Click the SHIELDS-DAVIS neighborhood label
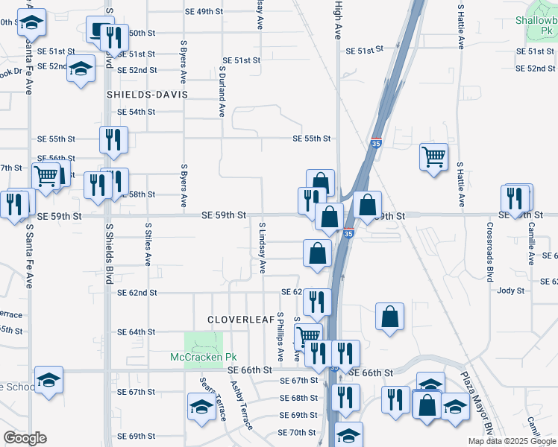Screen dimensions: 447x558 tap(146, 95)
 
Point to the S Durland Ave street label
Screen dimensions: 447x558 tap(222, 92)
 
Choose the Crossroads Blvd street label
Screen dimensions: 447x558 tap(490, 252)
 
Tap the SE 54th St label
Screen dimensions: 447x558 tap(136, 112)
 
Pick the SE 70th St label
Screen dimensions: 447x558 tap(296, 433)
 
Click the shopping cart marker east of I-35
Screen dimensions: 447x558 tap(433, 157)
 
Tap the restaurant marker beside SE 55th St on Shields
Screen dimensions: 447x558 tap(113, 140)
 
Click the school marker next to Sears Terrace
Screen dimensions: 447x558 tap(201, 407)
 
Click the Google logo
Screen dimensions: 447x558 tap(25, 438)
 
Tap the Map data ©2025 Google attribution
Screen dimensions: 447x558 tap(511, 441)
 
